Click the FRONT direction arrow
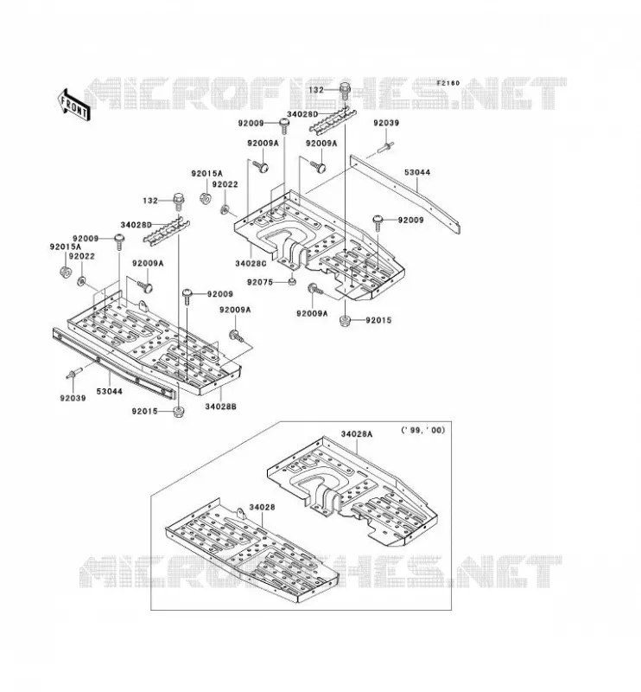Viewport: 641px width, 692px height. pyautogui.click(x=73, y=105)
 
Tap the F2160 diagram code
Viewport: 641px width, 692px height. pyautogui.click(x=447, y=83)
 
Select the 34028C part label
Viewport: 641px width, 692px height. pyautogui.click(x=251, y=264)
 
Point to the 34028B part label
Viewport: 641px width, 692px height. pyautogui.click(x=220, y=407)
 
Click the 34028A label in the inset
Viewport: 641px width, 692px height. pyautogui.click(x=356, y=434)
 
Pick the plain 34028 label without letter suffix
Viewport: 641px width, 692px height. pyautogui.click(x=262, y=508)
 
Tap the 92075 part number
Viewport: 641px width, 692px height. pyautogui.click(x=260, y=282)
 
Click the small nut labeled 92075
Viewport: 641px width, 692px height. pyautogui.click(x=291, y=282)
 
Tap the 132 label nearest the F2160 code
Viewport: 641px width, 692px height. pyautogui.click(x=316, y=90)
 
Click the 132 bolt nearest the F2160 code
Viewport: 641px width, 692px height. pyautogui.click(x=345, y=92)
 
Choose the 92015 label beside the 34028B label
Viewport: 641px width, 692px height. pyautogui.click(x=144, y=412)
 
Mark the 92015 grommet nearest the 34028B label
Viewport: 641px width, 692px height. pyautogui.click(x=179, y=413)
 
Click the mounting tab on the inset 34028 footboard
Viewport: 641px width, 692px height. pyautogui.click(x=240, y=514)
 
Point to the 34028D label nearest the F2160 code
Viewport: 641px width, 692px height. pyautogui.click(x=302, y=114)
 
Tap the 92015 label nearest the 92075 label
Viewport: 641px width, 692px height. pyautogui.click(x=378, y=320)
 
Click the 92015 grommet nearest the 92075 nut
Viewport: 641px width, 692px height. pyautogui.click(x=346, y=321)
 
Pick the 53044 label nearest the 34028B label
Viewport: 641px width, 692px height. pyautogui.click(x=110, y=392)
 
